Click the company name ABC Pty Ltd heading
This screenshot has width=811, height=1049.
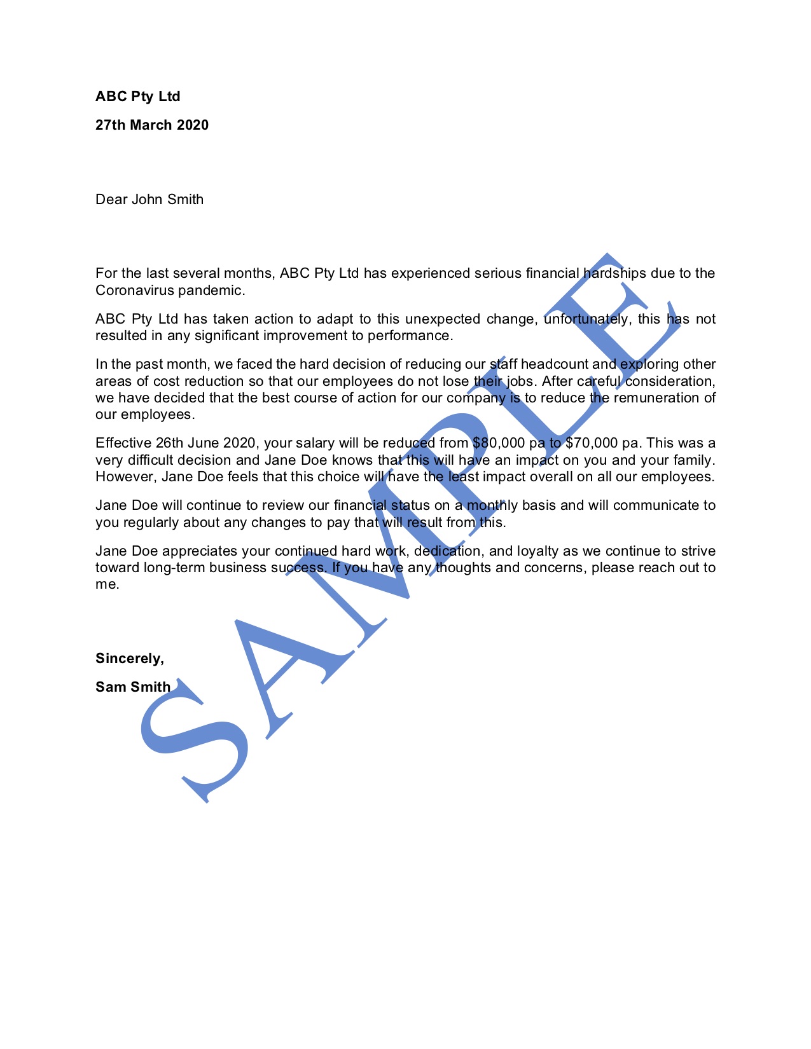click(x=138, y=97)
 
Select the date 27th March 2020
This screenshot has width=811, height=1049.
click(x=152, y=125)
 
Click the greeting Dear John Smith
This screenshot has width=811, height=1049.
click(x=149, y=200)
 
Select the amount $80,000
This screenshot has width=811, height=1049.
click(x=499, y=443)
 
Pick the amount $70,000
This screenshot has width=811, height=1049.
click(x=591, y=443)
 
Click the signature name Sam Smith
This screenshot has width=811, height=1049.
click(x=133, y=687)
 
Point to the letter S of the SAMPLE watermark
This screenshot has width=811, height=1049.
click(x=194, y=744)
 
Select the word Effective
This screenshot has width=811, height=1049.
click(x=123, y=443)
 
